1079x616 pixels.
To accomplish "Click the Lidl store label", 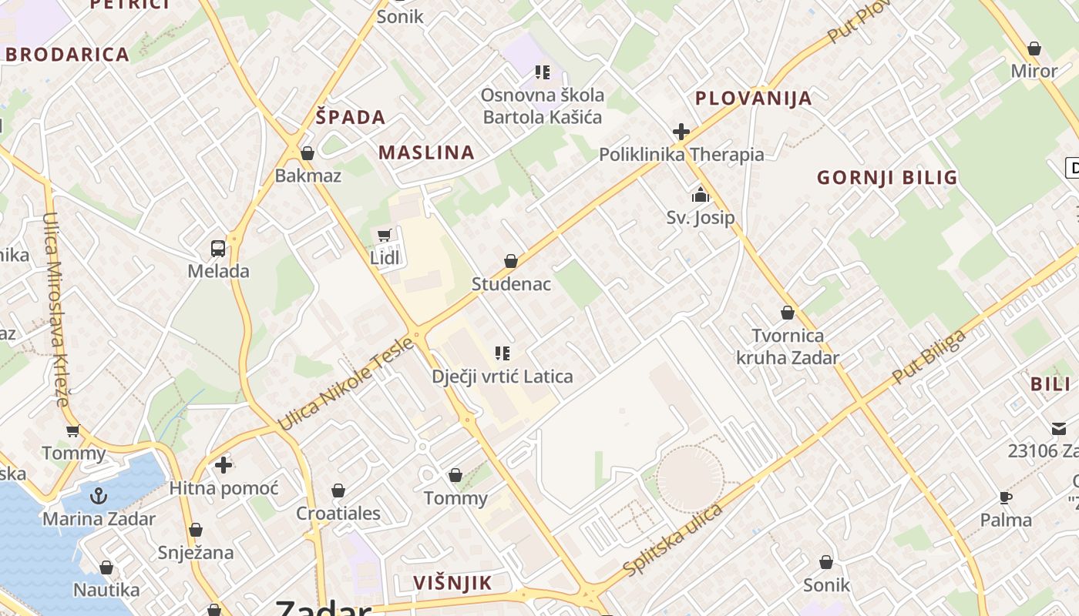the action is pos(385,258).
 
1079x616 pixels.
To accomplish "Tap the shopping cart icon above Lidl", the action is pos(384,235).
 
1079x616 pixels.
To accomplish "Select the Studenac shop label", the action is pos(511,284).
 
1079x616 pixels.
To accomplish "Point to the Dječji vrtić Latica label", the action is pos(502,377).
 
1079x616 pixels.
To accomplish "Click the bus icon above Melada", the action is pos(218,249).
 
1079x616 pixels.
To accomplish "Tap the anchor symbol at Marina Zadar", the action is pos(98,496).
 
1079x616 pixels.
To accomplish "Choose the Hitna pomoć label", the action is pos(224,488).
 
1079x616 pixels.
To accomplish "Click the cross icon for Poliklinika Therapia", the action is pos(681,132).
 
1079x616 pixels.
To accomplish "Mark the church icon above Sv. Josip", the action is pos(700,195).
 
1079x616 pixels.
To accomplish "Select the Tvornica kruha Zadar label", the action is pos(788,346).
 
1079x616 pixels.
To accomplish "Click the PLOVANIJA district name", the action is pos(753,99).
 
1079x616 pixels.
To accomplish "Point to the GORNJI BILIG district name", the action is pos(887,178).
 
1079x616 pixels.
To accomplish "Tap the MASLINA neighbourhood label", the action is pos(426,152).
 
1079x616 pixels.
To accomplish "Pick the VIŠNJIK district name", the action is pos(452,583).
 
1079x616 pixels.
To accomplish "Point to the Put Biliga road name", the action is pos(928,357).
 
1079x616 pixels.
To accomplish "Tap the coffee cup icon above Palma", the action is pos(1005,497).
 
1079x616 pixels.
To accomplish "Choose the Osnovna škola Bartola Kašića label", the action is pos(543,106).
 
